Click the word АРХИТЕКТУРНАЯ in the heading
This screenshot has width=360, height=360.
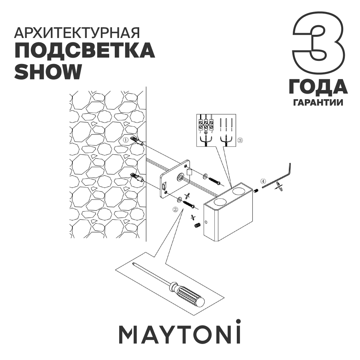tap(77, 33)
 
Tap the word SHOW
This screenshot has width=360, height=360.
tap(48, 71)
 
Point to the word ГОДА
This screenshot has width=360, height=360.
tap(318, 87)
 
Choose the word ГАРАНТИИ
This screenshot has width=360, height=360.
tap(318, 102)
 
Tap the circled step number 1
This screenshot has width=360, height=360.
tap(125, 140)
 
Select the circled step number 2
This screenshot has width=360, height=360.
tap(175, 209)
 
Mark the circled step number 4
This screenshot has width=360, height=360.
tap(262, 181)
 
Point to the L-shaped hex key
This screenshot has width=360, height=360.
tap(280, 176)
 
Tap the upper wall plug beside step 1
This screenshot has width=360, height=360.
tap(137, 142)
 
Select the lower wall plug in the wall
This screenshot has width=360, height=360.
tap(136, 176)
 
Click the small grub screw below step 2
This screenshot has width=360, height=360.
tap(197, 227)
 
